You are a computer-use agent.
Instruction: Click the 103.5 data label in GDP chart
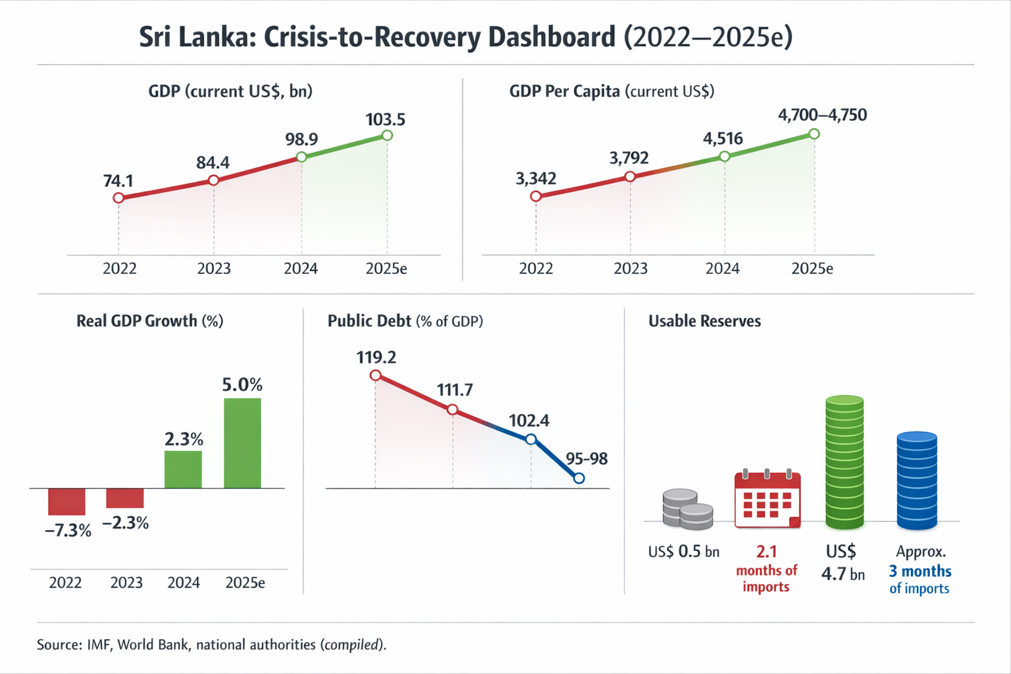pos(385,120)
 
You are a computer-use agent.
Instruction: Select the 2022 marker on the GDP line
pos(118,198)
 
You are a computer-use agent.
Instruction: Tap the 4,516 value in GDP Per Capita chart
pos(723,139)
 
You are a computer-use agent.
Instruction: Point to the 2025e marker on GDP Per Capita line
pos(814,134)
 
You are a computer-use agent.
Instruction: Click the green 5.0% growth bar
pos(242,442)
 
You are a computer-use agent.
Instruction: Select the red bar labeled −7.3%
pos(66,502)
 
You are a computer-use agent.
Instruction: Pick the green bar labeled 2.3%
pos(183,469)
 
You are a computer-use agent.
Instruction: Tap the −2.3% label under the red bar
pos(125,523)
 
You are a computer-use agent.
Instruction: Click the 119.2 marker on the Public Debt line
pos(375,376)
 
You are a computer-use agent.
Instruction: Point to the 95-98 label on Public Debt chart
pos(586,459)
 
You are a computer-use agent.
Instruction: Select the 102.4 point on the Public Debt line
pos(531,439)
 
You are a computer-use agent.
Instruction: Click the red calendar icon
pos(767,500)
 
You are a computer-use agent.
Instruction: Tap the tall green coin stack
pos(844,462)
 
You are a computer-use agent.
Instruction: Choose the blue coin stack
pos(916,480)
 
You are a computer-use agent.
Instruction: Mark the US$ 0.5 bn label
pos(683,552)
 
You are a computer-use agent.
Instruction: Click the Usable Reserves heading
pos(704,321)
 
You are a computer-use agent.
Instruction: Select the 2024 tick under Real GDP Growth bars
pos(184,583)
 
